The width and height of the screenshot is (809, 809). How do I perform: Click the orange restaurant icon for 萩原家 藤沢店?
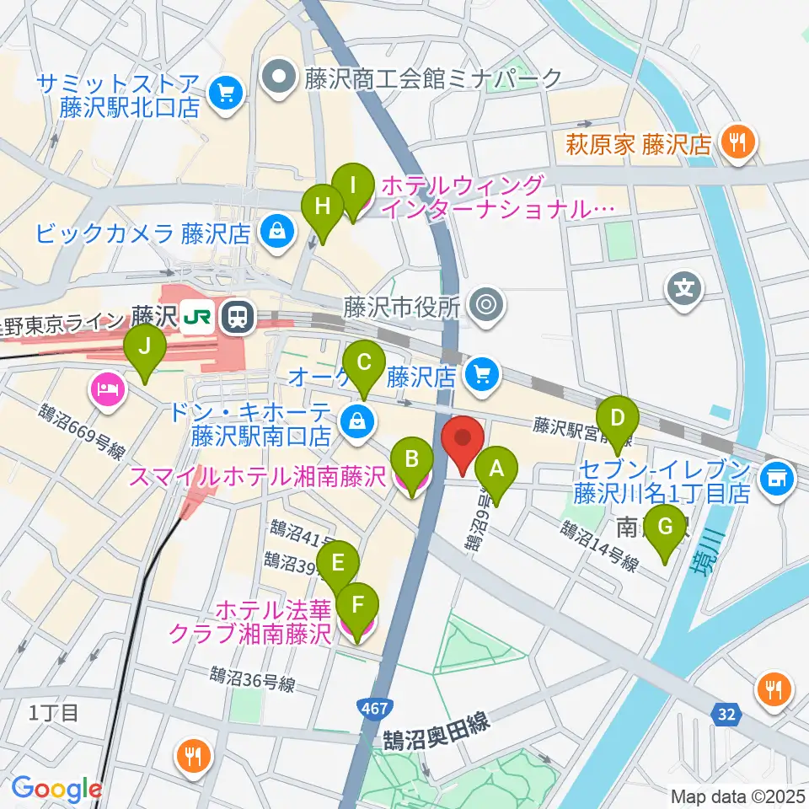(x=739, y=142)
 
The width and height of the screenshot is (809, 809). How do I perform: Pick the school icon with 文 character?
(x=684, y=289)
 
